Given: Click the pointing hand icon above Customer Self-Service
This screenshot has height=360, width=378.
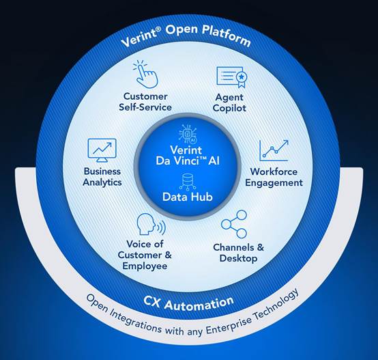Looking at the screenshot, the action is pyautogui.click(x=145, y=74).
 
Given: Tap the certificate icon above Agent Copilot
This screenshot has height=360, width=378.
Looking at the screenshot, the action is pyautogui.click(x=231, y=77).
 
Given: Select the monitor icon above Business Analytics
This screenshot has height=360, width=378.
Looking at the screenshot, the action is pyautogui.click(x=102, y=150).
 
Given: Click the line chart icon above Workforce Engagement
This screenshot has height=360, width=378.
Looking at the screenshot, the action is pyautogui.click(x=274, y=150).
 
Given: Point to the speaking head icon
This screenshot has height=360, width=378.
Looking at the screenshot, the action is pyautogui.click(x=151, y=224).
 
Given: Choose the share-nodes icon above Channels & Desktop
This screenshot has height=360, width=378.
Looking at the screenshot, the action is pyautogui.click(x=234, y=224).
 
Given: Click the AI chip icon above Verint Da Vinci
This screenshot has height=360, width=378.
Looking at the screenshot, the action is pyautogui.click(x=188, y=134).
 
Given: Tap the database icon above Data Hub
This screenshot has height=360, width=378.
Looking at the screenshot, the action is pyautogui.click(x=188, y=182).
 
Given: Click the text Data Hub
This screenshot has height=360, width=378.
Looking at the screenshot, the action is pyautogui.click(x=188, y=197).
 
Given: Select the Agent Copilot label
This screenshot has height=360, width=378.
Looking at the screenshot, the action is pyautogui.click(x=229, y=102).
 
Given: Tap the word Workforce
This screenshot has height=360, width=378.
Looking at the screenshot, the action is pyautogui.click(x=274, y=171).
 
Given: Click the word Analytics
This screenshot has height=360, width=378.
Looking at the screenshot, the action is pyautogui.click(x=102, y=182).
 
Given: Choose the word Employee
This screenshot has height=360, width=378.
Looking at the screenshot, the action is pyautogui.click(x=145, y=266).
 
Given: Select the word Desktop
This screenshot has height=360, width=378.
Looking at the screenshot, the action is pyautogui.click(x=238, y=258).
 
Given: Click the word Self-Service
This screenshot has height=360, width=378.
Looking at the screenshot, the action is pyautogui.click(x=145, y=107).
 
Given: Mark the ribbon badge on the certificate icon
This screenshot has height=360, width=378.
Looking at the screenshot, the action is pyautogui.click(x=242, y=79).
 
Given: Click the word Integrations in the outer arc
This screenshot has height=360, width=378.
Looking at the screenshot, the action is pyautogui.click(x=136, y=320).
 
